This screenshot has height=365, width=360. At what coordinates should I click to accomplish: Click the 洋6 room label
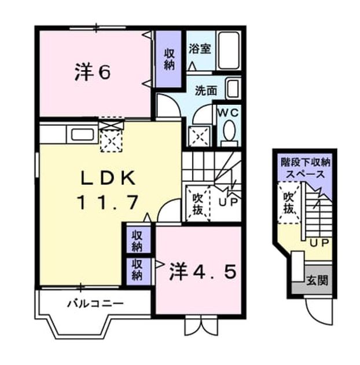tap(93, 72)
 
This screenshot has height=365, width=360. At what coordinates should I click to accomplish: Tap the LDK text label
tap(108, 178)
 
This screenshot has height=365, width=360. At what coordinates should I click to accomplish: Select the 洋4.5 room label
tap(203, 271)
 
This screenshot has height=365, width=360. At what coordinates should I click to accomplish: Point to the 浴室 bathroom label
tap(200, 49)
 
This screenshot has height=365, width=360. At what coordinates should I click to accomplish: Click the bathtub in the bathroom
tap(229, 50)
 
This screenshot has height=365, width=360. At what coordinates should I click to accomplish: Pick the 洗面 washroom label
tap(206, 90)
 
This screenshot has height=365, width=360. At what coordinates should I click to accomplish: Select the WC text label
tap(228, 113)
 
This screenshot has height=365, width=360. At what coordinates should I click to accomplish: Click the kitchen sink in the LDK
tap(83, 134)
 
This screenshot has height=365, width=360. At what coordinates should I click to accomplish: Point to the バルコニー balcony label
tap(95, 304)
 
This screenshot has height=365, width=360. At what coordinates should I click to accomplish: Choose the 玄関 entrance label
tap(317, 280)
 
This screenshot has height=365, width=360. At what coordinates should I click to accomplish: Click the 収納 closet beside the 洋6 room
tap(169, 59)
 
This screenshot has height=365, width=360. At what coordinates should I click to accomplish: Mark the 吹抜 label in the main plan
tap(198, 204)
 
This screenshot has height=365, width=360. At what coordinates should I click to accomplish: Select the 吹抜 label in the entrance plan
tap(289, 203)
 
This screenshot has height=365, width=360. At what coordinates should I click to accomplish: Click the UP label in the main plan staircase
tap(228, 202)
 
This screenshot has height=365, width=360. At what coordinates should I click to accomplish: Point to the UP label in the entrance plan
tap(319, 243)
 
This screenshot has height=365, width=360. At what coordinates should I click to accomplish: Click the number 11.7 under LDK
tap(108, 202)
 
